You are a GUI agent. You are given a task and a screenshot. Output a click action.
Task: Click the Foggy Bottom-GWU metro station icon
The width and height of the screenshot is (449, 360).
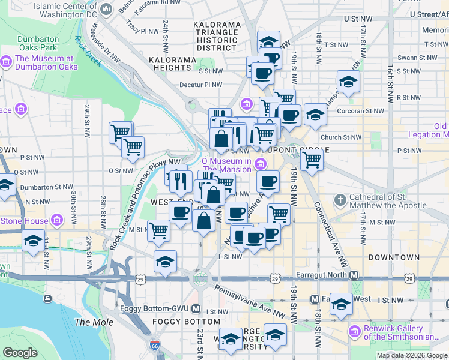point(196,309)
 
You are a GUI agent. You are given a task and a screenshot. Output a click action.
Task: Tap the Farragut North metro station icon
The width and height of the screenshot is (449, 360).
point(354,275)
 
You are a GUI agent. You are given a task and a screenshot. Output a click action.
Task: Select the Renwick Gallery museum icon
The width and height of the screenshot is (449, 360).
point(354,331)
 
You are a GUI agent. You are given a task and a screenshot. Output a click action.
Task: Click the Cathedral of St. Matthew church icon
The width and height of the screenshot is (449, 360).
point(340,199)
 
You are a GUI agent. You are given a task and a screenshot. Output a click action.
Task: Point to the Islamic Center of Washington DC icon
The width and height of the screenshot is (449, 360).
point(107,9)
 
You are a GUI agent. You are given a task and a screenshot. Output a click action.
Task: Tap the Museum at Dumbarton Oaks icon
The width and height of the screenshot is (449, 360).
point(7,62)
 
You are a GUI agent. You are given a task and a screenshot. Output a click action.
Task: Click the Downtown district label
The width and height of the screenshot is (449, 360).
point(394,257)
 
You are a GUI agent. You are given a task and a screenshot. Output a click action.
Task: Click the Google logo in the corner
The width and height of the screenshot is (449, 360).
point(20,352)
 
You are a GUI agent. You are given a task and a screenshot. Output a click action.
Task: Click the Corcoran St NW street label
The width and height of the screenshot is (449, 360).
point(361,110)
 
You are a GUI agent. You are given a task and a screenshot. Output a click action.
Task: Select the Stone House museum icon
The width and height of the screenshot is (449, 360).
point(57,221)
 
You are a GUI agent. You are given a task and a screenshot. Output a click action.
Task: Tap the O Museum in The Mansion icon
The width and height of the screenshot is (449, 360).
point(261,164)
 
